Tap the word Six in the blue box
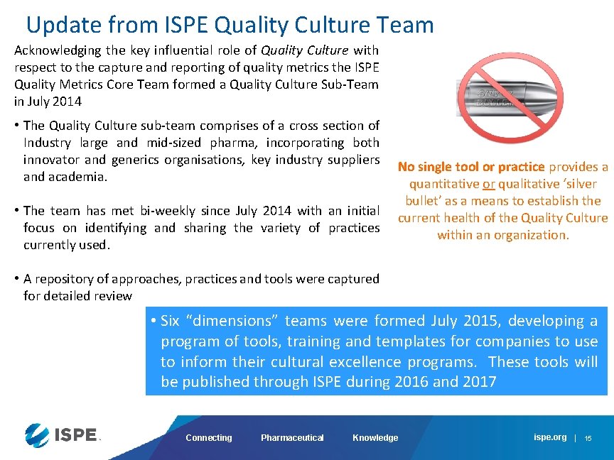[171, 321]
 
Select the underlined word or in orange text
[488, 184]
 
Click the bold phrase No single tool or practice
[471, 167]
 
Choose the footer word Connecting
[208, 438]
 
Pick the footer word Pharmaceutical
[292, 438]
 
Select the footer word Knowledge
[375, 438]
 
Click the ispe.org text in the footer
[550, 437]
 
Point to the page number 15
[588, 439]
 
